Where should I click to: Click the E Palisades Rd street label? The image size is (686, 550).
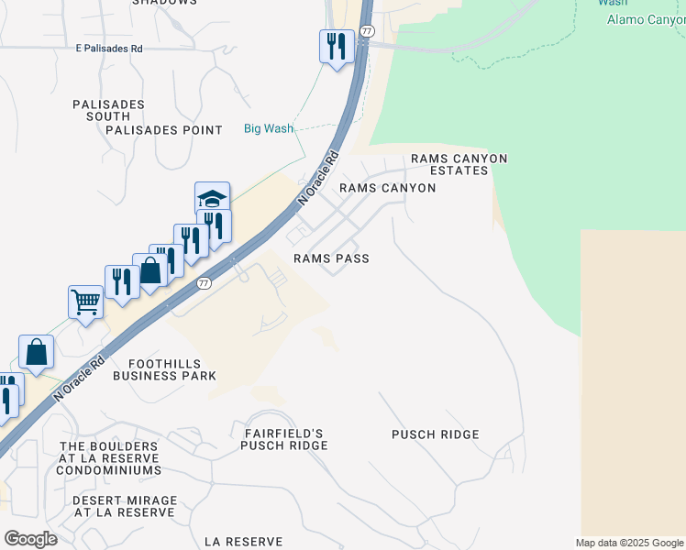click(109, 48)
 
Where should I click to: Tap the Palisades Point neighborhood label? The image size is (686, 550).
click(164, 130)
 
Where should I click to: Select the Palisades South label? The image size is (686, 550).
click(108, 111)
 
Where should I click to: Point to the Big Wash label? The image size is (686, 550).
click(269, 128)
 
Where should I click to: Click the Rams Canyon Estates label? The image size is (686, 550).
click(459, 164)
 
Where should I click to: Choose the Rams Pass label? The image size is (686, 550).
click(331, 258)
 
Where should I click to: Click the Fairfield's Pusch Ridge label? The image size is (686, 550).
click(284, 438)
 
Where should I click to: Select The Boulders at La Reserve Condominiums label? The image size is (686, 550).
click(108, 458)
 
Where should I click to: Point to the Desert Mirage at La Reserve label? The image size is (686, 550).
click(125, 506)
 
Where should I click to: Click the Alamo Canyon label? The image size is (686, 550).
click(646, 19)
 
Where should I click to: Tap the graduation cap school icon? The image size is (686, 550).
click(212, 198)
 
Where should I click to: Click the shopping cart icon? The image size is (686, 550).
click(85, 300)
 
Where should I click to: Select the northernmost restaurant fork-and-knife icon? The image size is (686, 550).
click(337, 45)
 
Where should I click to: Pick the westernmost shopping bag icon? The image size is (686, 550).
click(36, 351)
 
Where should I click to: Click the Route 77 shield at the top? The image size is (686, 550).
click(366, 30)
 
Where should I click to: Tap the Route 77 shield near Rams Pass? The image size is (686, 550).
click(204, 283)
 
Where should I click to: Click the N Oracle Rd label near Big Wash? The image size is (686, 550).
click(318, 178)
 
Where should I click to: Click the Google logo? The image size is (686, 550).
click(30, 539)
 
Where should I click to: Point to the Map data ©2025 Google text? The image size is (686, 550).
click(629, 543)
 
